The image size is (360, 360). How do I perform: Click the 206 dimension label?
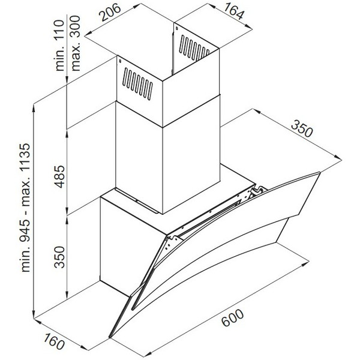click(112, 11)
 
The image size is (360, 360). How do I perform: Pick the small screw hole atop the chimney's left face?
click(120, 61)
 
